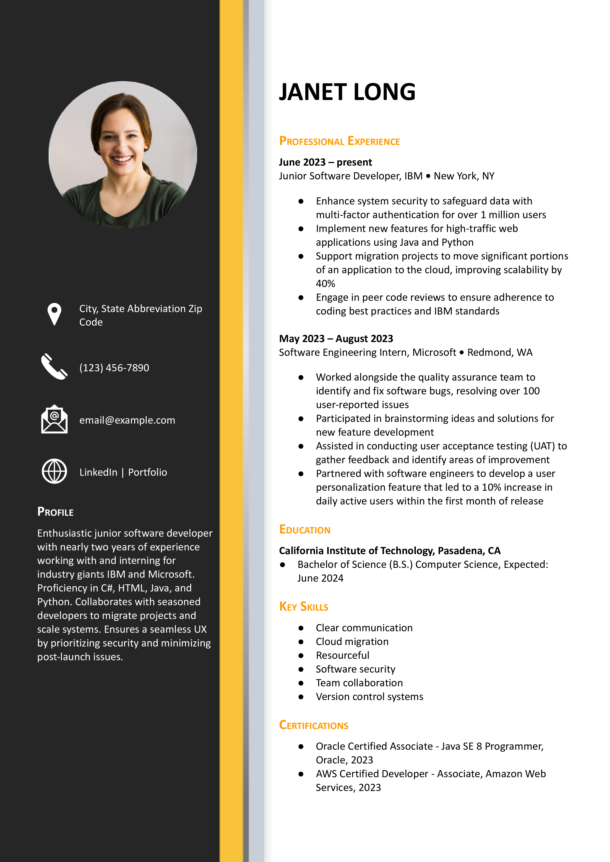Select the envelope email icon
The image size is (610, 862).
tap(55, 419)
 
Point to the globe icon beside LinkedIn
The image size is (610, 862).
tap(55, 471)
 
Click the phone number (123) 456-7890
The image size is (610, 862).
tap(114, 368)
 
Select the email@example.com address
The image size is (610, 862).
tap(127, 420)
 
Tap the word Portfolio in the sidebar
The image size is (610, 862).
tap(148, 472)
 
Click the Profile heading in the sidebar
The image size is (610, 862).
tap(55, 512)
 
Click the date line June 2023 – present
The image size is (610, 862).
tap(325, 162)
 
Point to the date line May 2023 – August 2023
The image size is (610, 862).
tap(336, 338)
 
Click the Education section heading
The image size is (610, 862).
tap(305, 530)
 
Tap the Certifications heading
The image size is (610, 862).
tap(314, 725)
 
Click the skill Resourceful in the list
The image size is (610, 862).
tap(342, 655)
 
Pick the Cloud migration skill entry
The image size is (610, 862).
tap(352, 642)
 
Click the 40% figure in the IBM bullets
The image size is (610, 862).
tap(325, 284)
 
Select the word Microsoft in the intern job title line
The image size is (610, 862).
tap(434, 352)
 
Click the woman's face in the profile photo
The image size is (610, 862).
tap(120, 139)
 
